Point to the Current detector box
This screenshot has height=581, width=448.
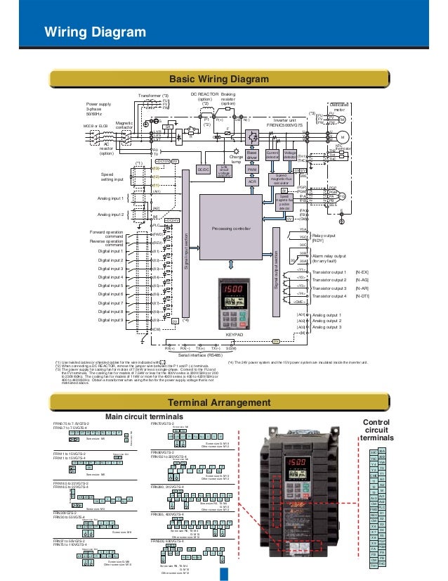[x=273, y=154]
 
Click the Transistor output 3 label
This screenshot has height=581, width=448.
[x=329, y=288]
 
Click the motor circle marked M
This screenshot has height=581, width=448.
[x=343, y=137]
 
